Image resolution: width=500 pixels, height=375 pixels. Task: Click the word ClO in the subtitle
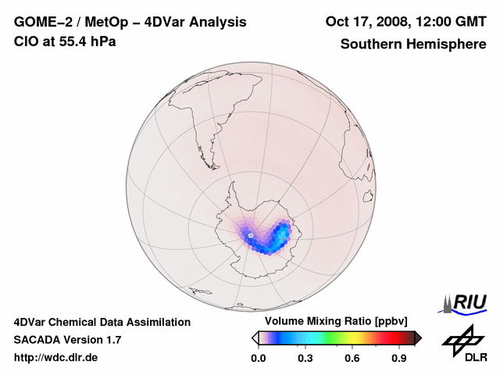click(25, 41)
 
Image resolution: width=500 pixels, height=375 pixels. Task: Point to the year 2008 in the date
click(402, 21)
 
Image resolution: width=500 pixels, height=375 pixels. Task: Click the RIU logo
click(466, 302)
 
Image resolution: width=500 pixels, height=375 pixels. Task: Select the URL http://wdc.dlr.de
click(56, 358)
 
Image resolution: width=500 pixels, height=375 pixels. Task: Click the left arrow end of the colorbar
click(255, 337)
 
